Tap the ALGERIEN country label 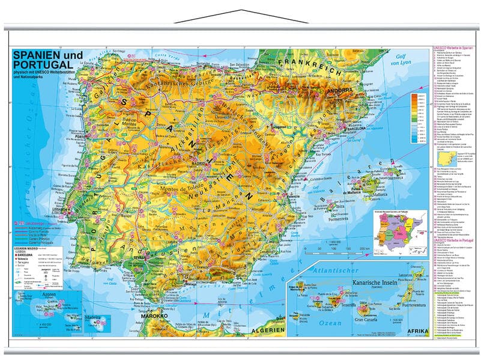268,331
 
